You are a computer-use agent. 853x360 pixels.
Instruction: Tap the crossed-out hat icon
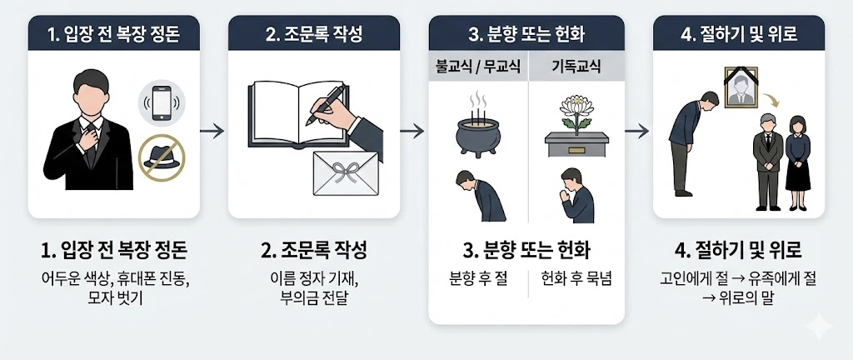pos(162,155)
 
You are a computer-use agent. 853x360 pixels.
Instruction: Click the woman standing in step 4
pos(796,162)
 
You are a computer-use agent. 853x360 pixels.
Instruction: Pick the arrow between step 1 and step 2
pos(213,130)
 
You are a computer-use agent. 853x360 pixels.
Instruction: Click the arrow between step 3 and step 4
pos(637,130)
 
